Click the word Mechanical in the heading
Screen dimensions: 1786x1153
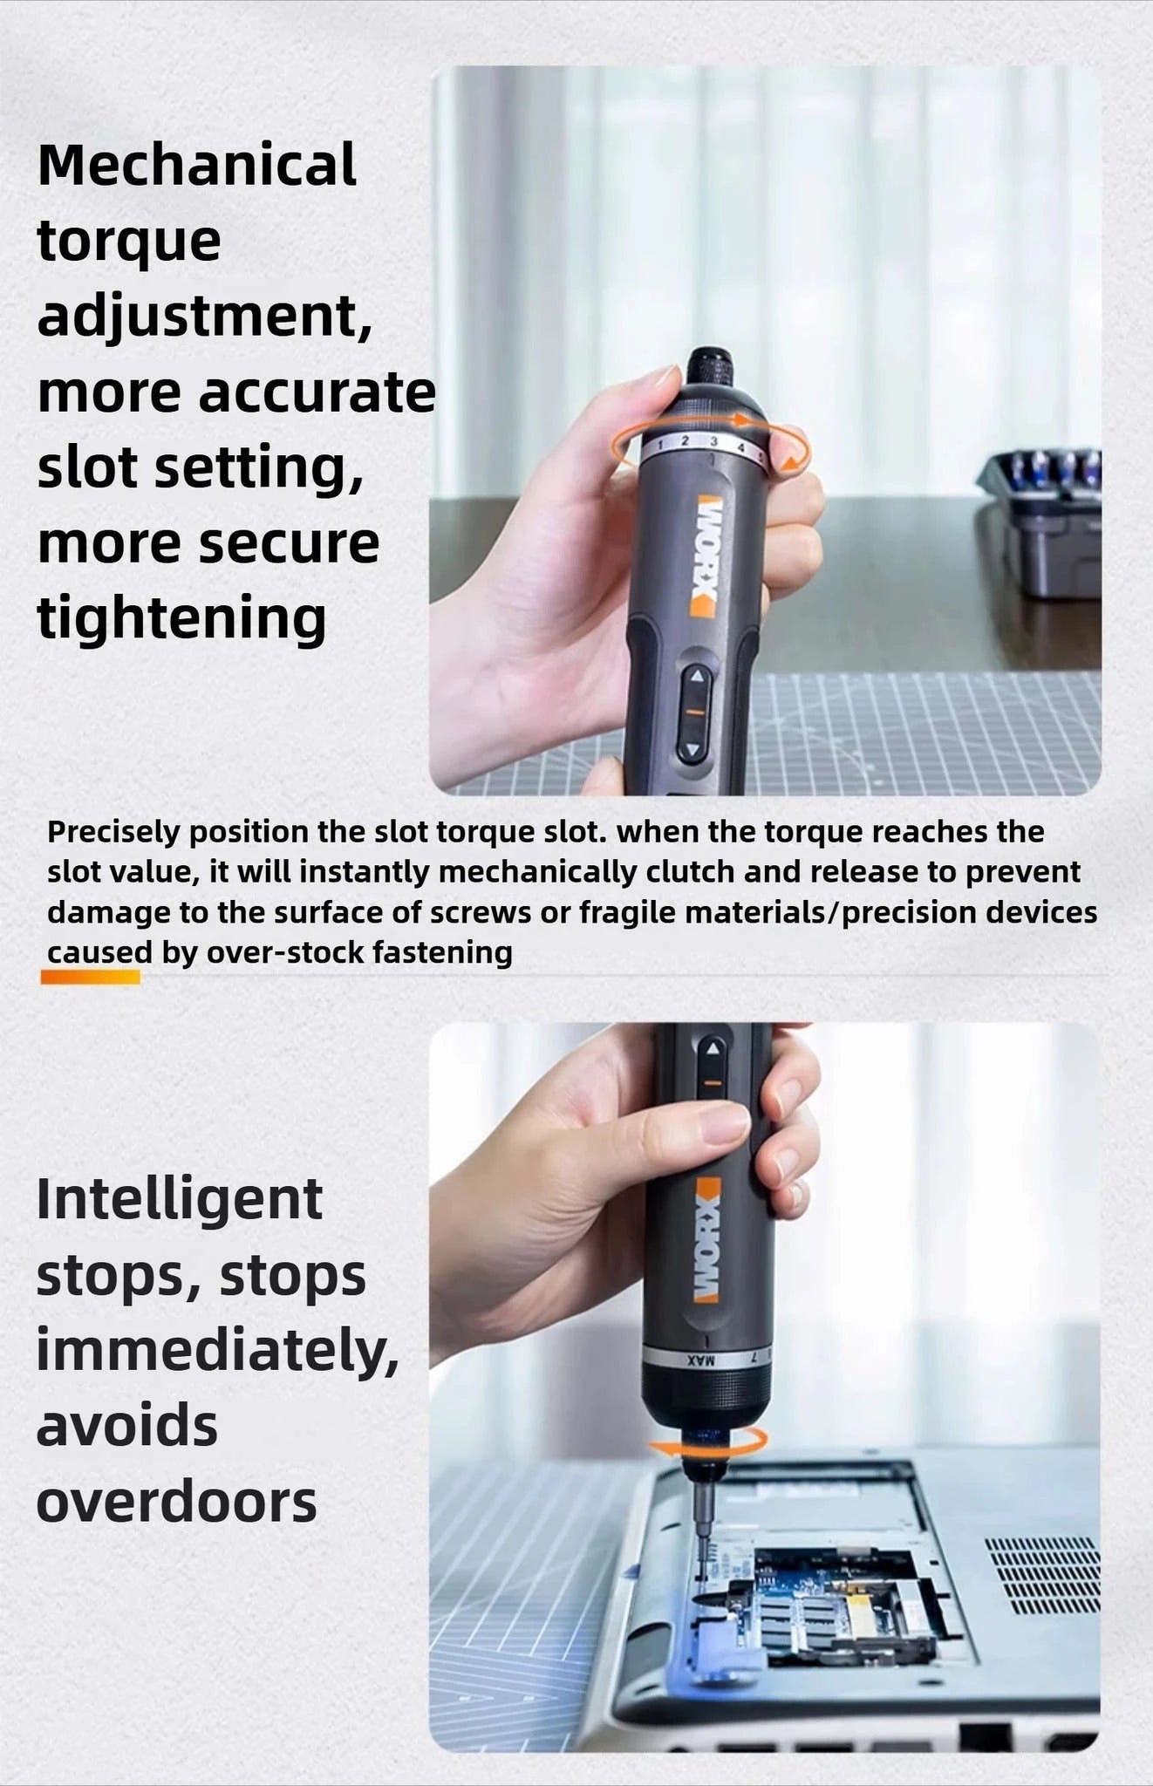point(197,165)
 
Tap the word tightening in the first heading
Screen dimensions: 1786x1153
point(181,617)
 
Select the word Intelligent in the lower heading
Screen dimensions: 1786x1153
point(180,1200)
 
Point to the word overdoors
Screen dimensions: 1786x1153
point(176,1502)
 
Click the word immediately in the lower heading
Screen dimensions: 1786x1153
point(216,1351)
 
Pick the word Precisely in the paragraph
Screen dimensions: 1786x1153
point(113,832)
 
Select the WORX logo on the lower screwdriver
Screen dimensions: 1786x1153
point(706,1240)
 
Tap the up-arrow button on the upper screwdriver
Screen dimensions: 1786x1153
point(696,676)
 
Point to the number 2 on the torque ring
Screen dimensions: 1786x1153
point(685,441)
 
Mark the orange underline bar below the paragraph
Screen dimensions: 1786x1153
point(91,978)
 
